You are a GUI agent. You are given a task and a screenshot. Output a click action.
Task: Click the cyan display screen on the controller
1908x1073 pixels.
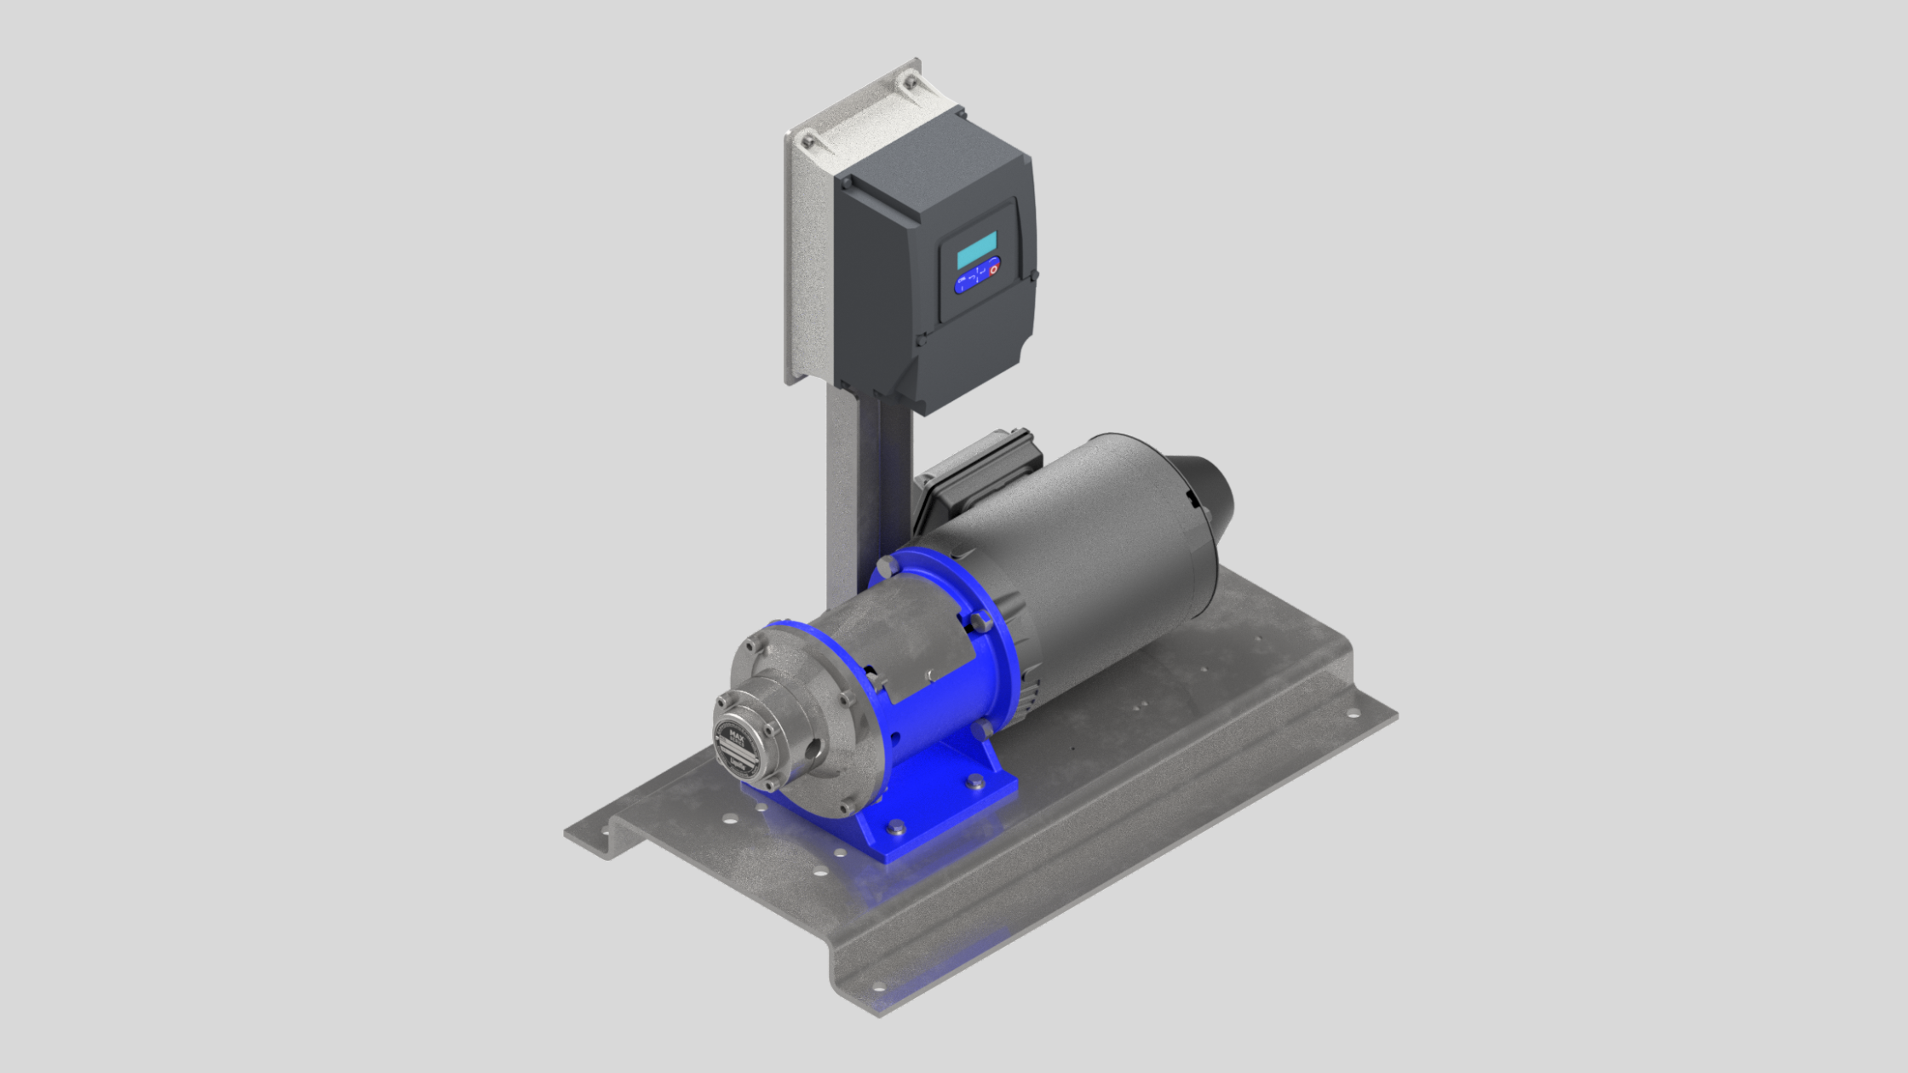click(976, 250)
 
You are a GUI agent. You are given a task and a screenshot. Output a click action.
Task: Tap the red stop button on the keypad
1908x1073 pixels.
click(993, 268)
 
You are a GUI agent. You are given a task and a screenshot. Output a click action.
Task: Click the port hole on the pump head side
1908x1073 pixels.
click(814, 749)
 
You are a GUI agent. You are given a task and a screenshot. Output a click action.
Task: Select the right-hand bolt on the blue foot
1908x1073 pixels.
click(974, 782)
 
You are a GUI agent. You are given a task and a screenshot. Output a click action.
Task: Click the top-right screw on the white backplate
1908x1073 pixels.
click(910, 83)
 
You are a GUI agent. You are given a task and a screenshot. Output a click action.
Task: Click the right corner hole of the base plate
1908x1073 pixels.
click(1350, 714)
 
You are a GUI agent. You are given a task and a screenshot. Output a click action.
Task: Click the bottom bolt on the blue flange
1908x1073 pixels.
click(982, 729)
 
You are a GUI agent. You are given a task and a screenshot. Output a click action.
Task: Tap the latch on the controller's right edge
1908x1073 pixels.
click(1033, 275)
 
